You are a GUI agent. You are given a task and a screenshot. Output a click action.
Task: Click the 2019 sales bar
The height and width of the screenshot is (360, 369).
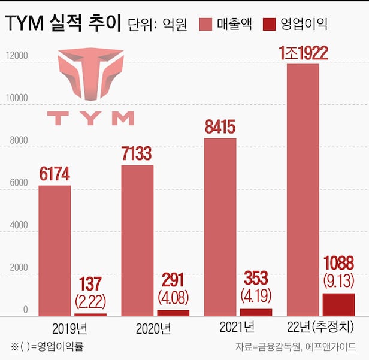click(x=55, y=250)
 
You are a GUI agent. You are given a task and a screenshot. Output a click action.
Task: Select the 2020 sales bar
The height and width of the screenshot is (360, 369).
click(x=137, y=240)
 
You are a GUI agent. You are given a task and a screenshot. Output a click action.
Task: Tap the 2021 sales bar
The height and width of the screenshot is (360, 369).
click(x=220, y=226)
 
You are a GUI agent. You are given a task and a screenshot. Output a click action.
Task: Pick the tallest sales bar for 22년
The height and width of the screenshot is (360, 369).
click(x=303, y=189)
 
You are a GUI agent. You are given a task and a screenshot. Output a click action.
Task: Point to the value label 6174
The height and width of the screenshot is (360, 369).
click(x=55, y=174)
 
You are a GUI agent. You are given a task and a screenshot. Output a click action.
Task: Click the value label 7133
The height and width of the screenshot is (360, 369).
click(x=137, y=154)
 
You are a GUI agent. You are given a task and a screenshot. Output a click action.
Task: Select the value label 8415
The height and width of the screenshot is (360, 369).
click(x=220, y=127)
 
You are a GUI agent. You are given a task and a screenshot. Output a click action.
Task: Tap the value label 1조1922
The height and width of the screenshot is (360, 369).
click(x=303, y=53)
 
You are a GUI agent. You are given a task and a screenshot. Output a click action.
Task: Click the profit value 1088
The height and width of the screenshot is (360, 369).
click(x=338, y=263)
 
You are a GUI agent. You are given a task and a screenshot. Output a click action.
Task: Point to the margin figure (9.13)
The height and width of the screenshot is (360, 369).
click(x=338, y=280)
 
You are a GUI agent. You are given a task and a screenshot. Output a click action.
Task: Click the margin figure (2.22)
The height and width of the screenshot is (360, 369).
click(x=90, y=300)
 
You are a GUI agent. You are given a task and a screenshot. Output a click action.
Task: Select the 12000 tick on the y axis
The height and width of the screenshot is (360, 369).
click(x=17, y=56)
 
